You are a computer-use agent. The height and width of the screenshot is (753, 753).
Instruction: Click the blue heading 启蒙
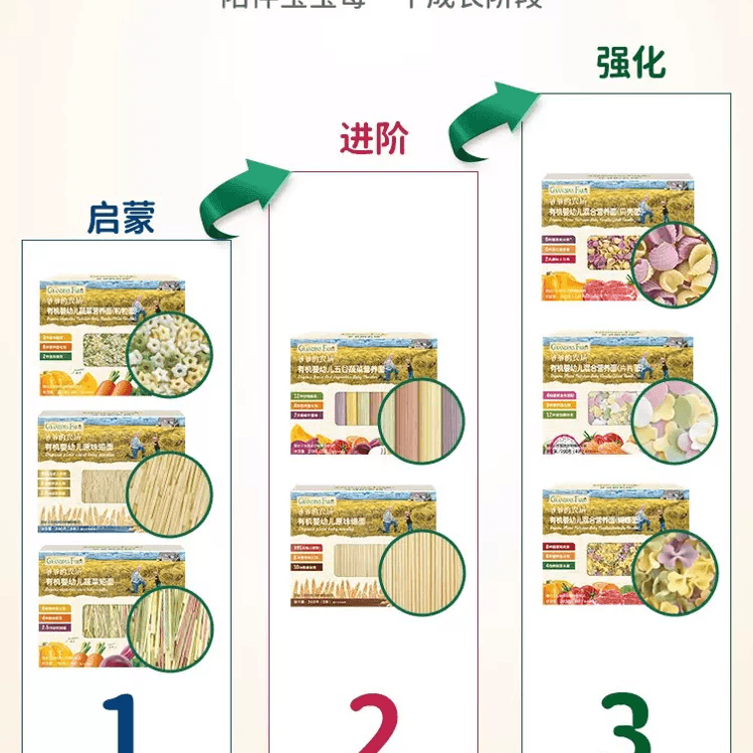(x=121, y=218)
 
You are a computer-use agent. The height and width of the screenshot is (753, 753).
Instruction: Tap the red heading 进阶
(x=374, y=139)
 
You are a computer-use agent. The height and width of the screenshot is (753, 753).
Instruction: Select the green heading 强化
(x=631, y=63)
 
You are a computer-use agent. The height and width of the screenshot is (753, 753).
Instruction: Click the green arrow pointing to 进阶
(x=242, y=198)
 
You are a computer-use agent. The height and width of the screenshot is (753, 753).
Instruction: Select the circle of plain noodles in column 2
(x=423, y=573)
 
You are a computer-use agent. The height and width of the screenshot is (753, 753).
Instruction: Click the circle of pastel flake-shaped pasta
(x=674, y=421)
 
